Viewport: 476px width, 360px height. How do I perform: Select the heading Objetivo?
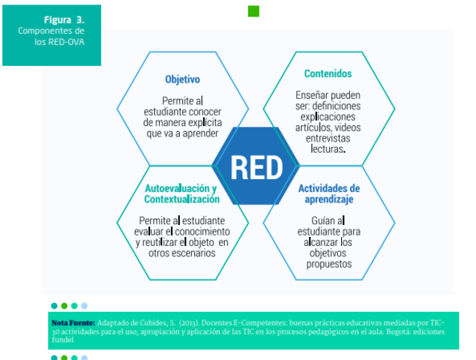[x=182, y=79]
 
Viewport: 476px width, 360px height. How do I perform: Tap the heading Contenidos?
[x=328, y=73]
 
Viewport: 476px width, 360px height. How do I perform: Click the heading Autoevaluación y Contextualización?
[x=181, y=194]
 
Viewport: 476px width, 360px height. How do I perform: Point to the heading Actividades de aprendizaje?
[x=329, y=194]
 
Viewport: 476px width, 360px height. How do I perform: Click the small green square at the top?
[x=253, y=10]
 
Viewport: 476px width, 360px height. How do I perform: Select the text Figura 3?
[x=63, y=19]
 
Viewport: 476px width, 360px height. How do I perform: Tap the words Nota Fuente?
[x=73, y=322]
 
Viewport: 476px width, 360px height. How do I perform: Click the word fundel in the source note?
[x=62, y=339]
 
